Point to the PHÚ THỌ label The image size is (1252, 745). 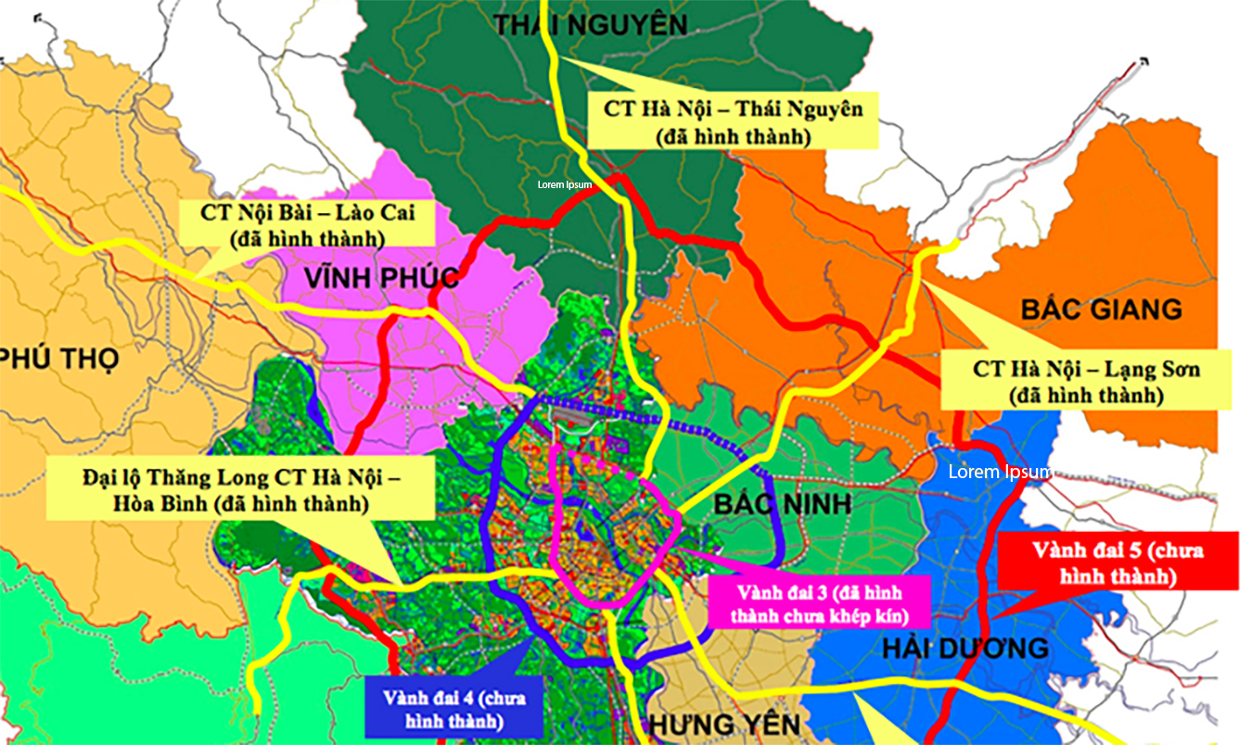pos(59,357)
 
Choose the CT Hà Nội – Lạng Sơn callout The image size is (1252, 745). pos(1086,381)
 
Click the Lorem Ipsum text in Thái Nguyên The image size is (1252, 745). pos(565,184)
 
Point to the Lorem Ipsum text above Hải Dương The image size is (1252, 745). pos(999,472)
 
